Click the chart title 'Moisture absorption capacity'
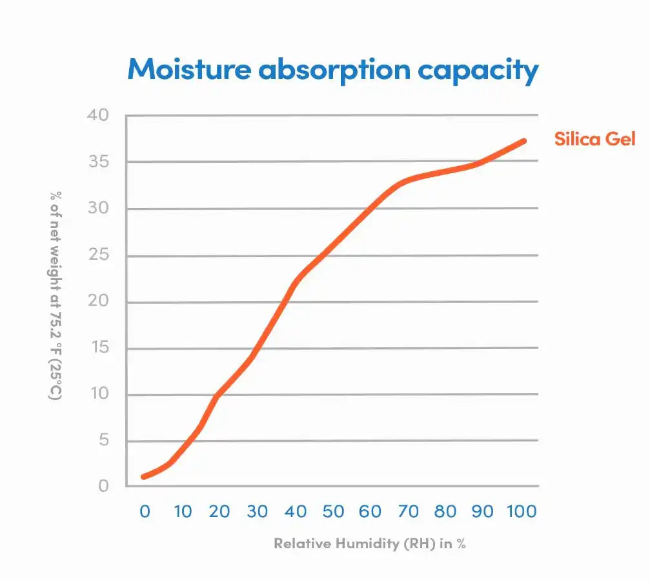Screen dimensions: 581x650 (332, 70)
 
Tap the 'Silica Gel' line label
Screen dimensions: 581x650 (594, 139)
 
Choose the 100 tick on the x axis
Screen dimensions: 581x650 (522, 511)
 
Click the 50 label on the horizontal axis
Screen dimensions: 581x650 (333, 511)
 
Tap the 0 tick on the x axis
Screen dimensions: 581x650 (145, 511)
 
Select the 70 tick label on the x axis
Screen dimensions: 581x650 (408, 511)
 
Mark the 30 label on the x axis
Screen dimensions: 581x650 (257, 511)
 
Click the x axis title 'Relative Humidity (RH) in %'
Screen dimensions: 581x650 (369, 544)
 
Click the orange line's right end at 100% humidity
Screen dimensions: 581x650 (523, 141)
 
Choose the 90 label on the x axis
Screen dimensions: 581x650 (482, 511)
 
